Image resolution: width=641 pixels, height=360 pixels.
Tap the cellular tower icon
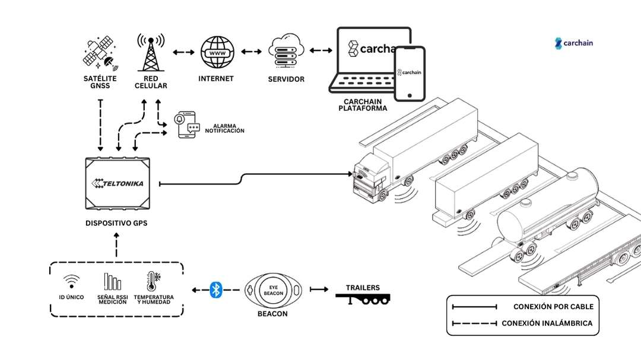150,52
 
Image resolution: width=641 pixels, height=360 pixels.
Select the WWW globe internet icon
216,53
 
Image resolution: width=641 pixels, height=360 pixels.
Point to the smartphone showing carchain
411,73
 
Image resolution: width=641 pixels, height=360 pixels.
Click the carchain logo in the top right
574,43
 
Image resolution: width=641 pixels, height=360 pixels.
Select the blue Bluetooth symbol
216,289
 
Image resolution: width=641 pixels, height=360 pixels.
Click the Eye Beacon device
274,289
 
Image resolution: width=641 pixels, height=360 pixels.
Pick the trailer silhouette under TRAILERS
363,300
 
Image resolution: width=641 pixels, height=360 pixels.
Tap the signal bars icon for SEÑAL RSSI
112,281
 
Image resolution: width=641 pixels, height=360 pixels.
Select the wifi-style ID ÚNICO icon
71,281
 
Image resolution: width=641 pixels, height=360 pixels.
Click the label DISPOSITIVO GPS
116,223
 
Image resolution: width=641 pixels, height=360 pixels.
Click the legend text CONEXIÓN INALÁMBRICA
547,323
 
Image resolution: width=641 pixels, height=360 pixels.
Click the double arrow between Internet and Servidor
251,52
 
